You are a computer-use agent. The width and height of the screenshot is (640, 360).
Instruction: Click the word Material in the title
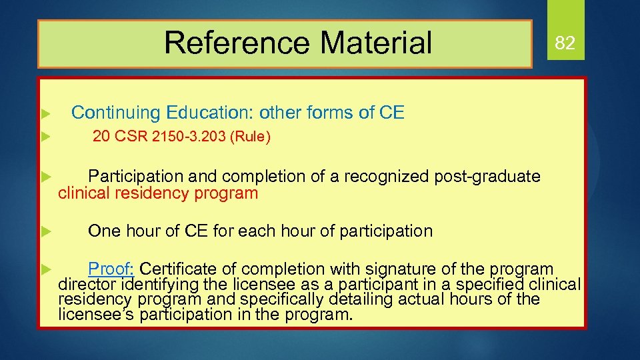point(376,43)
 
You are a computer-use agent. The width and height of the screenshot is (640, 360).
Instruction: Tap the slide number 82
point(565,43)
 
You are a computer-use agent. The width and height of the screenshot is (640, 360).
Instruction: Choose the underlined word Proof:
point(112,269)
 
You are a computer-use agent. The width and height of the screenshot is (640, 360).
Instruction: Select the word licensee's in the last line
point(97,314)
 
